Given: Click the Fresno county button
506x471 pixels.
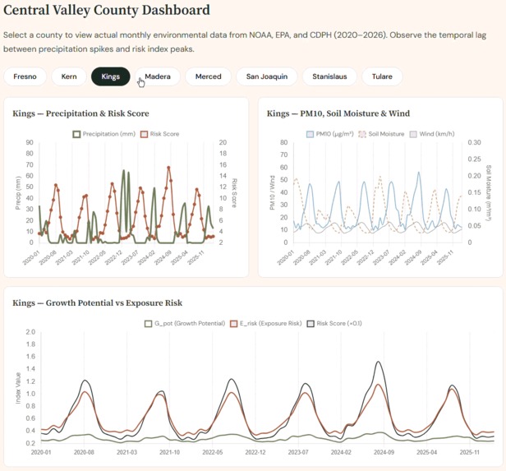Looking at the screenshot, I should pyautogui.click(x=25, y=76).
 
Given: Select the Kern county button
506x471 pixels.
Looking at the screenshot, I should pyautogui.click(x=69, y=76).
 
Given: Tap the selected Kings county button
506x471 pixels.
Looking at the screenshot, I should pyautogui.click(x=111, y=76).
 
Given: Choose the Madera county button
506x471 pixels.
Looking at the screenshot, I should pyautogui.click(x=157, y=76).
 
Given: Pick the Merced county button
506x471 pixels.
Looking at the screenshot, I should pyautogui.click(x=208, y=76).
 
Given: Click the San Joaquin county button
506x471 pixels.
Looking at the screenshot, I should pyautogui.click(x=267, y=76).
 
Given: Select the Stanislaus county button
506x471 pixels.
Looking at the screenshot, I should pyautogui.click(x=329, y=76).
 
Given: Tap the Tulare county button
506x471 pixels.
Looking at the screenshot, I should pyautogui.click(x=381, y=76).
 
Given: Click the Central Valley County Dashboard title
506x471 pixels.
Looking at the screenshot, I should pyautogui.click(x=118, y=12).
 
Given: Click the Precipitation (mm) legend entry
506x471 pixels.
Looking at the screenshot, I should pyautogui.click(x=105, y=133).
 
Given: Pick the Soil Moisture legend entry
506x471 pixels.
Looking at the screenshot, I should pyautogui.click(x=381, y=133).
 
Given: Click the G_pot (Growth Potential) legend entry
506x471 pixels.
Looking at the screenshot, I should pyautogui.click(x=184, y=323).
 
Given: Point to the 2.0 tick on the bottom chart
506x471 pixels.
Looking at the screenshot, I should pyautogui.click(x=30, y=332).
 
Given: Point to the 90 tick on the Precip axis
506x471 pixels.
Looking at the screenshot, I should pyautogui.click(x=30, y=142).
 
